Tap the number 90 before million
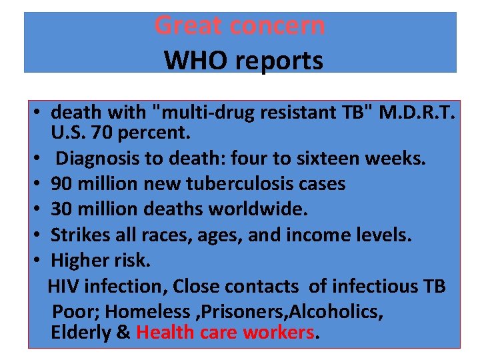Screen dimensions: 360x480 point(62,184)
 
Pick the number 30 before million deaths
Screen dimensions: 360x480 point(62,209)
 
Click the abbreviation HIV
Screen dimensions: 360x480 point(64,286)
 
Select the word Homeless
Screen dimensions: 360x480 point(147,311)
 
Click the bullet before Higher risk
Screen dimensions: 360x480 point(41,260)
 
